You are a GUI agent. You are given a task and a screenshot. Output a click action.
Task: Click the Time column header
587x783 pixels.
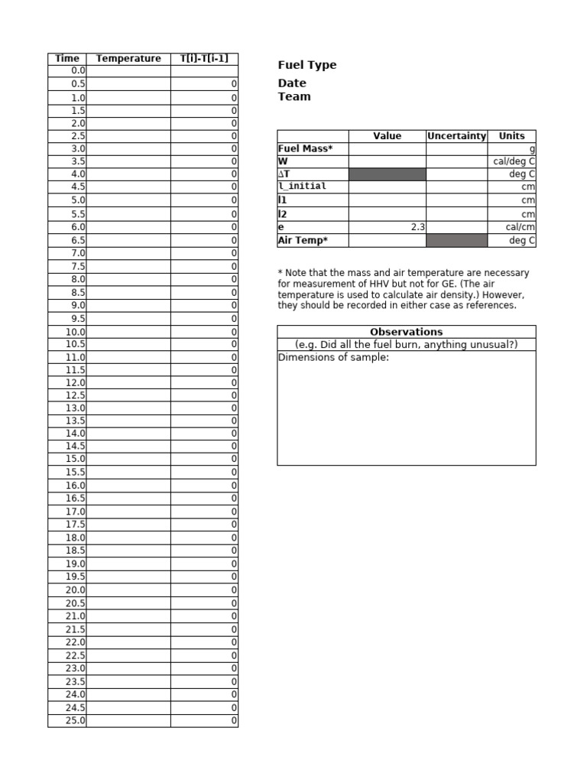67,58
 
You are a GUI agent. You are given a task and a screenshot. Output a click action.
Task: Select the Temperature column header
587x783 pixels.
128,58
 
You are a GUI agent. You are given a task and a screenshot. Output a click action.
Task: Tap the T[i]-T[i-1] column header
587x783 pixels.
204,58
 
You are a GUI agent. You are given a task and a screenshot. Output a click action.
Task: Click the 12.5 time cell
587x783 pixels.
67,395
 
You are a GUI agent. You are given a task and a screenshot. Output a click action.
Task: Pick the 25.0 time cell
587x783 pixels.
67,720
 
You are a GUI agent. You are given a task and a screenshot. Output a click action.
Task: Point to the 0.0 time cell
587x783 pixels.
67,70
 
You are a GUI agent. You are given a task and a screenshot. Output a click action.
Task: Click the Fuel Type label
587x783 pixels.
307,65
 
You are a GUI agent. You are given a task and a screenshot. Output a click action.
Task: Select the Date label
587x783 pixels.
292,83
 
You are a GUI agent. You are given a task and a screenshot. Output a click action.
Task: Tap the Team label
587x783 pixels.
294,96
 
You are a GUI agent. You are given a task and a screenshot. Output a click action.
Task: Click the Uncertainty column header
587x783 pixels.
456,136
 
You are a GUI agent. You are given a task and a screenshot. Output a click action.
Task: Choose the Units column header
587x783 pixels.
511,136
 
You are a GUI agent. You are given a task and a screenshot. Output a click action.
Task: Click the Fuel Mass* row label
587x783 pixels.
305,148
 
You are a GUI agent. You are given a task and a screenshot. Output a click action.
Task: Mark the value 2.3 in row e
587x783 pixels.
417,227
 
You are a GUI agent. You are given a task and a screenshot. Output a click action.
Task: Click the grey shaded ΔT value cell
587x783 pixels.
388,174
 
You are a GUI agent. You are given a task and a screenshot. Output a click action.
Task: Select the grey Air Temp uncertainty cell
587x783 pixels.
456,240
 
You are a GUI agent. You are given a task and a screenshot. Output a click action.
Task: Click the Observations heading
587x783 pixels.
406,332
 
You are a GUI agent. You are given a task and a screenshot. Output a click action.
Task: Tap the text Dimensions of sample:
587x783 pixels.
334,357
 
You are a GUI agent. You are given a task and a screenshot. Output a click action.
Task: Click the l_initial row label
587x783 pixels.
303,187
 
